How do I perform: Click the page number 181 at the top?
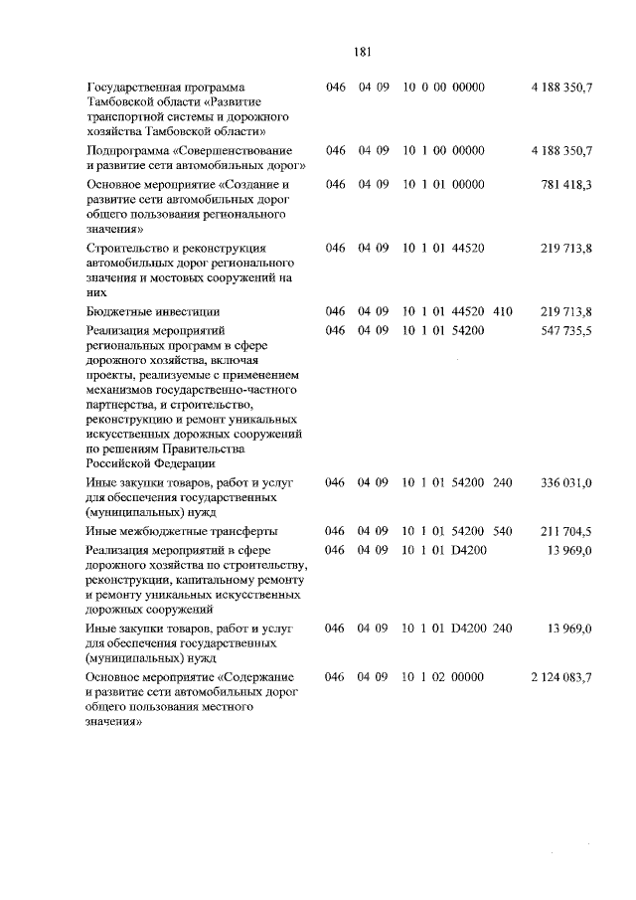[361, 52]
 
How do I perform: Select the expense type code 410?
[502, 311]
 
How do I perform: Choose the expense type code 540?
[502, 530]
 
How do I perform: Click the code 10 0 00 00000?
[443, 89]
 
